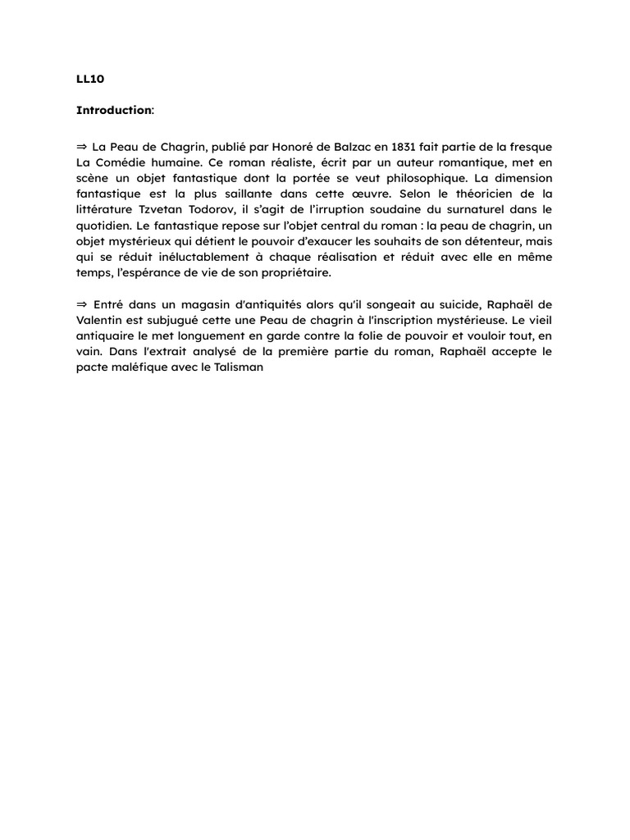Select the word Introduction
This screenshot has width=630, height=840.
pos(113,110)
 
